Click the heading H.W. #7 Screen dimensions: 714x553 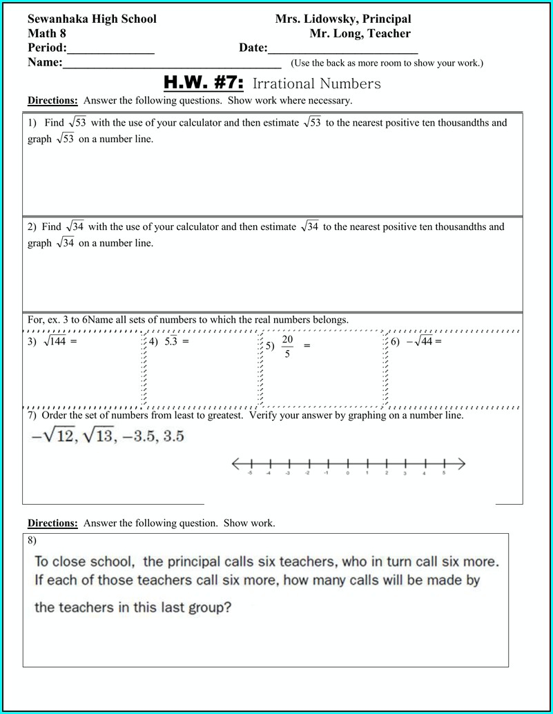(x=204, y=84)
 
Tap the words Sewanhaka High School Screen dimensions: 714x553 (x=92, y=19)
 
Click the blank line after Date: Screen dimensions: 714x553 (x=342, y=50)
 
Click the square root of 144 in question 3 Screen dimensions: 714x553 (x=55, y=341)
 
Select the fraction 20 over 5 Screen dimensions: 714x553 (x=287, y=347)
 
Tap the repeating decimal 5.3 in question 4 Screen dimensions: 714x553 (x=171, y=341)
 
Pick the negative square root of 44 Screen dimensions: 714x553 (x=419, y=341)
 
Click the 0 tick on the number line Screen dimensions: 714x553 (x=347, y=464)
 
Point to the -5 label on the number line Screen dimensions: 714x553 (x=249, y=474)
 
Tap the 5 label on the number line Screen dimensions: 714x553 (x=444, y=474)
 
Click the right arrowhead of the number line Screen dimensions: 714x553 (x=461, y=464)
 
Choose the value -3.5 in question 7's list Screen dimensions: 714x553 (x=138, y=436)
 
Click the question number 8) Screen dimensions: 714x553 (x=32, y=540)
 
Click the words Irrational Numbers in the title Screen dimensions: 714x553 (x=317, y=84)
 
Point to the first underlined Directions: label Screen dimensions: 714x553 (x=52, y=101)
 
